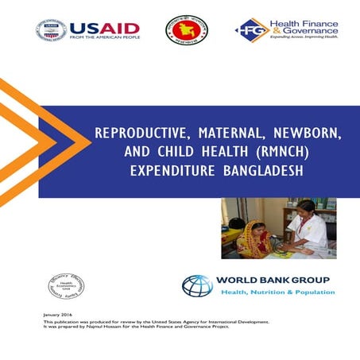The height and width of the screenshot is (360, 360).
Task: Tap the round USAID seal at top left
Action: click(x=49, y=31)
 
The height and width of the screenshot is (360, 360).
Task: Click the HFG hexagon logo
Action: click(x=251, y=30)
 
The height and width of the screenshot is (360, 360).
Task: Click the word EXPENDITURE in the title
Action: click(x=169, y=172)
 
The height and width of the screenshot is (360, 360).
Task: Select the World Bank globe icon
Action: click(x=197, y=285)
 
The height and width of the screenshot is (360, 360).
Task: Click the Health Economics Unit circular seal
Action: click(x=66, y=285)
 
